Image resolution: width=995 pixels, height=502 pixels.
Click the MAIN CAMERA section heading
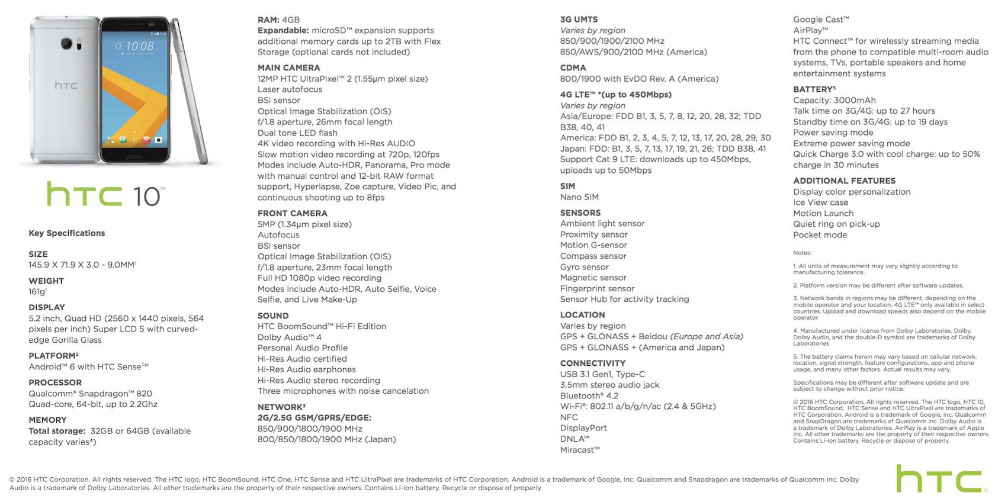[288, 68]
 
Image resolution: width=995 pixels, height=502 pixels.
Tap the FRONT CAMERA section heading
[292, 214]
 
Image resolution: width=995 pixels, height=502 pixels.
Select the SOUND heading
[273, 316]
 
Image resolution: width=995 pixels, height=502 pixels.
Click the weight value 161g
[37, 292]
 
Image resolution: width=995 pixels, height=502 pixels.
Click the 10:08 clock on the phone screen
[140, 46]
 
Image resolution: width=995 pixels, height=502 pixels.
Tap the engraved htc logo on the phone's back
[66, 86]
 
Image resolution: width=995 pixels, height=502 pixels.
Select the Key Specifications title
[67, 233]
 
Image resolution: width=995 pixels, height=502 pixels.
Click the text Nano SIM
[579, 197]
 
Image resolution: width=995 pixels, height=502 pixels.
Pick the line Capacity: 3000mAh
[834, 101]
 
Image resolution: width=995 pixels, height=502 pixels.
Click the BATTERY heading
[814, 89]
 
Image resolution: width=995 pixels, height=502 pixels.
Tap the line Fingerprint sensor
[597, 289]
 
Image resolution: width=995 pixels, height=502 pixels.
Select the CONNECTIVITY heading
[593, 363]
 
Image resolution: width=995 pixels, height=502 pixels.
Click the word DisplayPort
[583, 428]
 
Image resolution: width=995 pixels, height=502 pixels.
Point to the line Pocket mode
[820, 235]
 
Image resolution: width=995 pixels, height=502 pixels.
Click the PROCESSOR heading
[55, 383]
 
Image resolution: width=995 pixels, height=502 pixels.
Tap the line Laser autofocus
[290, 89]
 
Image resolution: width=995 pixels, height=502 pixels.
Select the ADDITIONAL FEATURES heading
[844, 181]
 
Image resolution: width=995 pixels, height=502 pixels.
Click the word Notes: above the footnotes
[802, 253]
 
